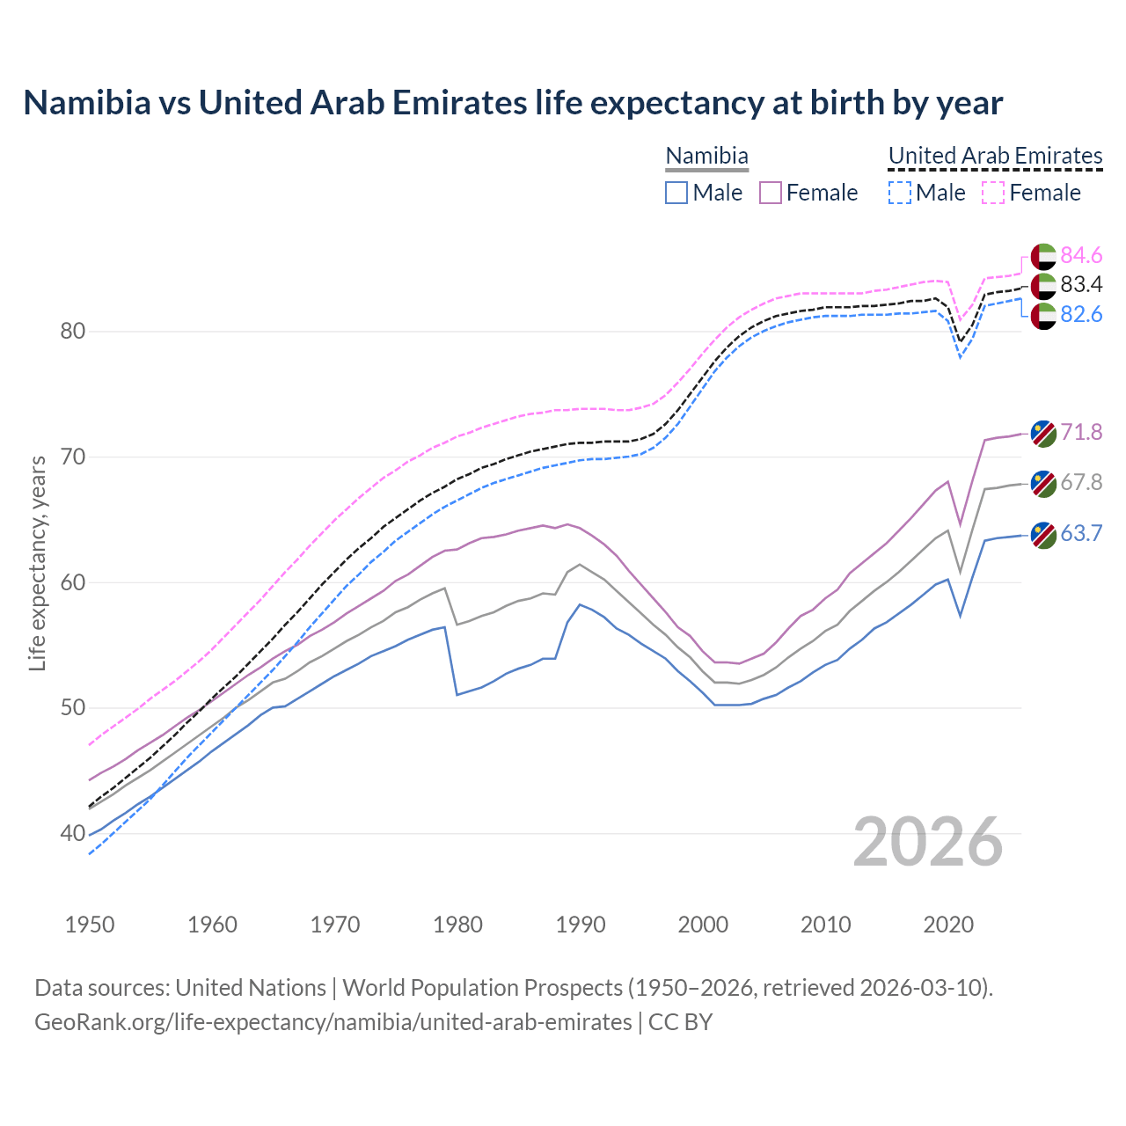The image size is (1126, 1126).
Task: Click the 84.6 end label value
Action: pyautogui.click(x=1081, y=255)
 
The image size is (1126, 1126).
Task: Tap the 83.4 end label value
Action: pyautogui.click(x=1081, y=284)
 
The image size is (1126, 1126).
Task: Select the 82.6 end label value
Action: pyautogui.click(x=1081, y=314)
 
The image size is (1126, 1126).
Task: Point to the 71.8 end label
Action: pyautogui.click(x=1081, y=432)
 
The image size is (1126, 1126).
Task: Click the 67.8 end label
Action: pyautogui.click(x=1081, y=482)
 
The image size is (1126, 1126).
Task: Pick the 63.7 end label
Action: pyautogui.click(x=1081, y=533)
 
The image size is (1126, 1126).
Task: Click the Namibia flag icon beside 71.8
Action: pyautogui.click(x=1043, y=433)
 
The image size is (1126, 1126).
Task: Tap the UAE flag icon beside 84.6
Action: pyautogui.click(x=1043, y=256)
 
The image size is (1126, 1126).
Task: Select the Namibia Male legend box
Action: pyautogui.click(x=676, y=193)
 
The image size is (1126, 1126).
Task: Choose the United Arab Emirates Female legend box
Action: pyautogui.click(x=992, y=193)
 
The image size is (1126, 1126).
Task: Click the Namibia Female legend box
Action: pyautogui.click(x=770, y=193)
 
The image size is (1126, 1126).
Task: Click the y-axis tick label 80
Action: pyautogui.click(x=73, y=332)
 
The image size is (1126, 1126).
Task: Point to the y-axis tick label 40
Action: pyautogui.click(x=73, y=833)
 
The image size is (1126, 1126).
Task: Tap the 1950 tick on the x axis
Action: pyautogui.click(x=90, y=925)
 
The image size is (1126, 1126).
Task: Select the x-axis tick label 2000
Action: pyautogui.click(x=703, y=925)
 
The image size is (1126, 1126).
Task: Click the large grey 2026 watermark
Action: pyautogui.click(x=927, y=842)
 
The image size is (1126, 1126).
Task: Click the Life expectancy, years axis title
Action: pyautogui.click(x=38, y=563)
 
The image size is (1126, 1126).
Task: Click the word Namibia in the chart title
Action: pyautogui.click(x=87, y=103)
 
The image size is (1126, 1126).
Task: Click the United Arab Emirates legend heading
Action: pyautogui.click(x=995, y=156)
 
